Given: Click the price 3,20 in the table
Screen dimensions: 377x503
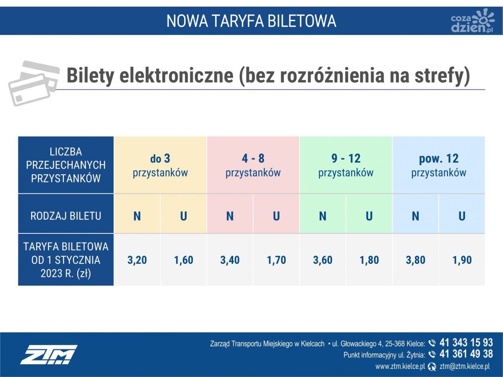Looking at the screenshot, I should [137, 260].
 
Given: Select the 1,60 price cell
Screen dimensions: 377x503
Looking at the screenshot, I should [183, 260].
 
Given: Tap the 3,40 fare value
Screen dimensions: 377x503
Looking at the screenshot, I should [230, 260].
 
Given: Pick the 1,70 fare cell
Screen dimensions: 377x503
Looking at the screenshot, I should [276, 260].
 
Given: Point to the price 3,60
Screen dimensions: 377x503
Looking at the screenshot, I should [323, 260].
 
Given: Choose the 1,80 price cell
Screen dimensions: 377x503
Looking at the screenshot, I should [369, 260].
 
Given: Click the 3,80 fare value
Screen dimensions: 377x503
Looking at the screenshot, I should [416, 260].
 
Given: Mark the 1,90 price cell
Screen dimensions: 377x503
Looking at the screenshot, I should [462, 260].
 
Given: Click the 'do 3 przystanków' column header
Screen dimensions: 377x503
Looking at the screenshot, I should [160, 165].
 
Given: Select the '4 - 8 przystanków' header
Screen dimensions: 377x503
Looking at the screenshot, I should [253, 165].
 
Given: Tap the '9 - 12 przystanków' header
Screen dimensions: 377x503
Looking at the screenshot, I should [346, 165].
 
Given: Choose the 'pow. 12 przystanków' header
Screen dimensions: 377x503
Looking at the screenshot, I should [439, 165].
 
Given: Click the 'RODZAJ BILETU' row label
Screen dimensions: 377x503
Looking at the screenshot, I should [66, 216].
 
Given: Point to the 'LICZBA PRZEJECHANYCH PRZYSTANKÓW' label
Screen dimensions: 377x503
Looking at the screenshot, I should [66, 165].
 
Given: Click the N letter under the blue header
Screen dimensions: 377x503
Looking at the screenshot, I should [416, 216].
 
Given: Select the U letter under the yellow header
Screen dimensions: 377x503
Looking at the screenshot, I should [183, 216].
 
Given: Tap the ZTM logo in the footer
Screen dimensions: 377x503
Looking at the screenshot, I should [49, 354].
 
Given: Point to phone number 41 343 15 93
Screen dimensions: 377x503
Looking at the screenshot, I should [466, 343].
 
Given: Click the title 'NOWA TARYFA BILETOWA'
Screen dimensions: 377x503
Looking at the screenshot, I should [251, 21].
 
